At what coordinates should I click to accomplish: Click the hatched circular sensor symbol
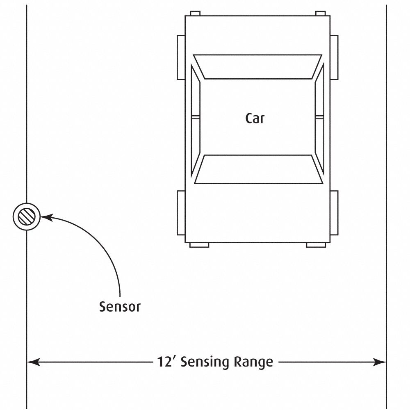[27, 216]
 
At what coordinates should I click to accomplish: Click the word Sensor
[120, 307]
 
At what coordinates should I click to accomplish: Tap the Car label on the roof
[255, 118]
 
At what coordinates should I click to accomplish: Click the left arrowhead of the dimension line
[33, 362]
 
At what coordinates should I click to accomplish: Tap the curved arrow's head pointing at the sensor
[44, 217]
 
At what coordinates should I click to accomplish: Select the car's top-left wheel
[181, 57]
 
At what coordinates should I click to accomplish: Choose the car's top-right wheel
[334, 57]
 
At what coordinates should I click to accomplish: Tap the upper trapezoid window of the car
[258, 66]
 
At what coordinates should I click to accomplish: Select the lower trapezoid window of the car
[258, 169]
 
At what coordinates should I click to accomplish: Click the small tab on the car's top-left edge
[195, 14]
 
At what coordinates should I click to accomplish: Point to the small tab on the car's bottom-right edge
[317, 245]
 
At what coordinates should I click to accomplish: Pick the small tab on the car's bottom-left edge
[199, 245]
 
